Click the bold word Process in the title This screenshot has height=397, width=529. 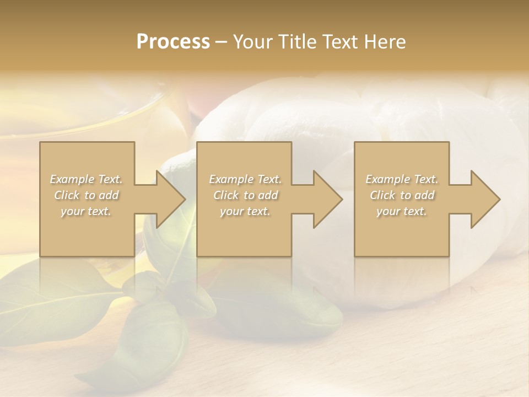(x=173, y=42)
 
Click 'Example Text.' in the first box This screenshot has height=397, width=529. (x=87, y=179)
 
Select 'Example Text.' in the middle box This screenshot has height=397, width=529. (x=245, y=179)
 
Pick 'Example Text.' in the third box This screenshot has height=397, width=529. (x=402, y=179)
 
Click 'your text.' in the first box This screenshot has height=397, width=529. (x=86, y=211)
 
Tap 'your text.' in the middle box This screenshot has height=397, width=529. (x=245, y=211)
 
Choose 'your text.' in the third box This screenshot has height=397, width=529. (x=402, y=211)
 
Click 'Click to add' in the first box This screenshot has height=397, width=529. (x=87, y=195)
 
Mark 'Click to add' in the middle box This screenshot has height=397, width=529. (x=245, y=195)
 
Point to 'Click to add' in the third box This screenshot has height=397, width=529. (x=402, y=195)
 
